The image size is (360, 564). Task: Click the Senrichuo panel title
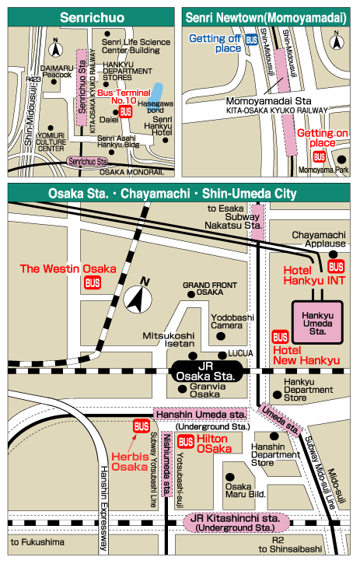pyautogui.click(x=92, y=17)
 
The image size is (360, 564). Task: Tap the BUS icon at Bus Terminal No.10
pyautogui.click(x=125, y=112)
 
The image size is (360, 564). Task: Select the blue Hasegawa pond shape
pyautogui.click(x=156, y=94)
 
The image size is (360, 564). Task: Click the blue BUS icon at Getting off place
pyautogui.click(x=252, y=40)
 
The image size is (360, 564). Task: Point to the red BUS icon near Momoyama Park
pyautogui.click(x=319, y=157)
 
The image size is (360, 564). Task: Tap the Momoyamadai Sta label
pyautogui.click(x=268, y=101)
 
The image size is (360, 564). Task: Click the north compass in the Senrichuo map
pyautogui.click(x=55, y=48)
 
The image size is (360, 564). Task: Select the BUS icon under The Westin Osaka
pyautogui.click(x=93, y=282)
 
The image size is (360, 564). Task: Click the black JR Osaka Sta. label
pyautogui.click(x=206, y=372)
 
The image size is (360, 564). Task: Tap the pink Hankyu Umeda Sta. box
pyautogui.click(x=317, y=322)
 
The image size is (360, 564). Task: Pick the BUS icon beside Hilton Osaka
pyautogui.click(x=186, y=442)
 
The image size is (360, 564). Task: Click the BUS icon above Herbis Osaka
pyautogui.click(x=142, y=426)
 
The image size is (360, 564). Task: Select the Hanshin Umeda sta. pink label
pyautogui.click(x=201, y=415)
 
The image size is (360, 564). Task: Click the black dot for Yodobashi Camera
pyautogui.click(x=221, y=336)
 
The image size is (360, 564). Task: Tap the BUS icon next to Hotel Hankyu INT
pyautogui.click(x=336, y=267)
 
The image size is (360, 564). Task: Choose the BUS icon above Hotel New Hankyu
pyautogui.click(x=280, y=337)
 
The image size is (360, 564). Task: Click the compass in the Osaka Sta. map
pyautogui.click(x=138, y=296)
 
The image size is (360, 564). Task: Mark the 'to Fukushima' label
pyautogui.click(x=37, y=542)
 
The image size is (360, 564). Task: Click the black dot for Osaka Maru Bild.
pyautogui.click(x=230, y=477)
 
